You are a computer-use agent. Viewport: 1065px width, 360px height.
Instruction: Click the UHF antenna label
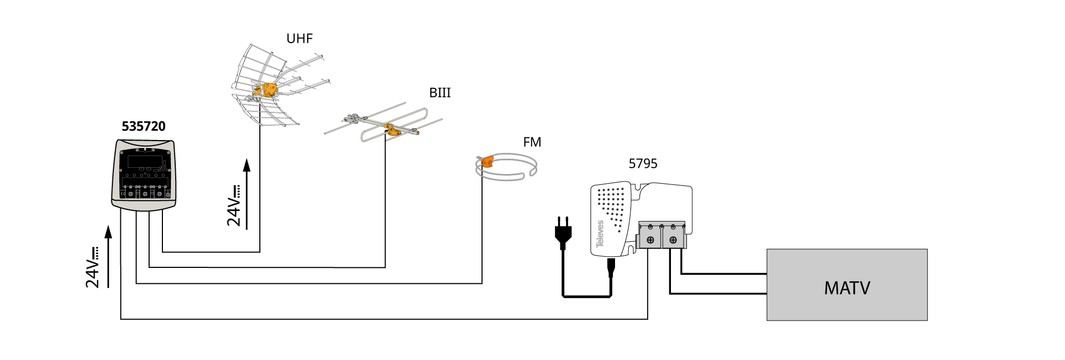pos(299,38)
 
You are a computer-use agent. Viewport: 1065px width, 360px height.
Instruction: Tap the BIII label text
pos(440,93)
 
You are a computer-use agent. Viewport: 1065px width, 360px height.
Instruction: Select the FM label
pos(532,142)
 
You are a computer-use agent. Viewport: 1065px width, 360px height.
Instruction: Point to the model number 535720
pos(144,126)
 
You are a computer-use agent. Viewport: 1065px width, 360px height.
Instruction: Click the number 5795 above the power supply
pos(643,163)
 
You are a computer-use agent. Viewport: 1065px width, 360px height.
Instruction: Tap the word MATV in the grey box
pos(847,288)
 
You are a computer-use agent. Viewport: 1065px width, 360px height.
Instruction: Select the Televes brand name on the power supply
pos(600,234)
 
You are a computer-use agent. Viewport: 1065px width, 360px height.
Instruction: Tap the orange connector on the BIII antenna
pos(392,129)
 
